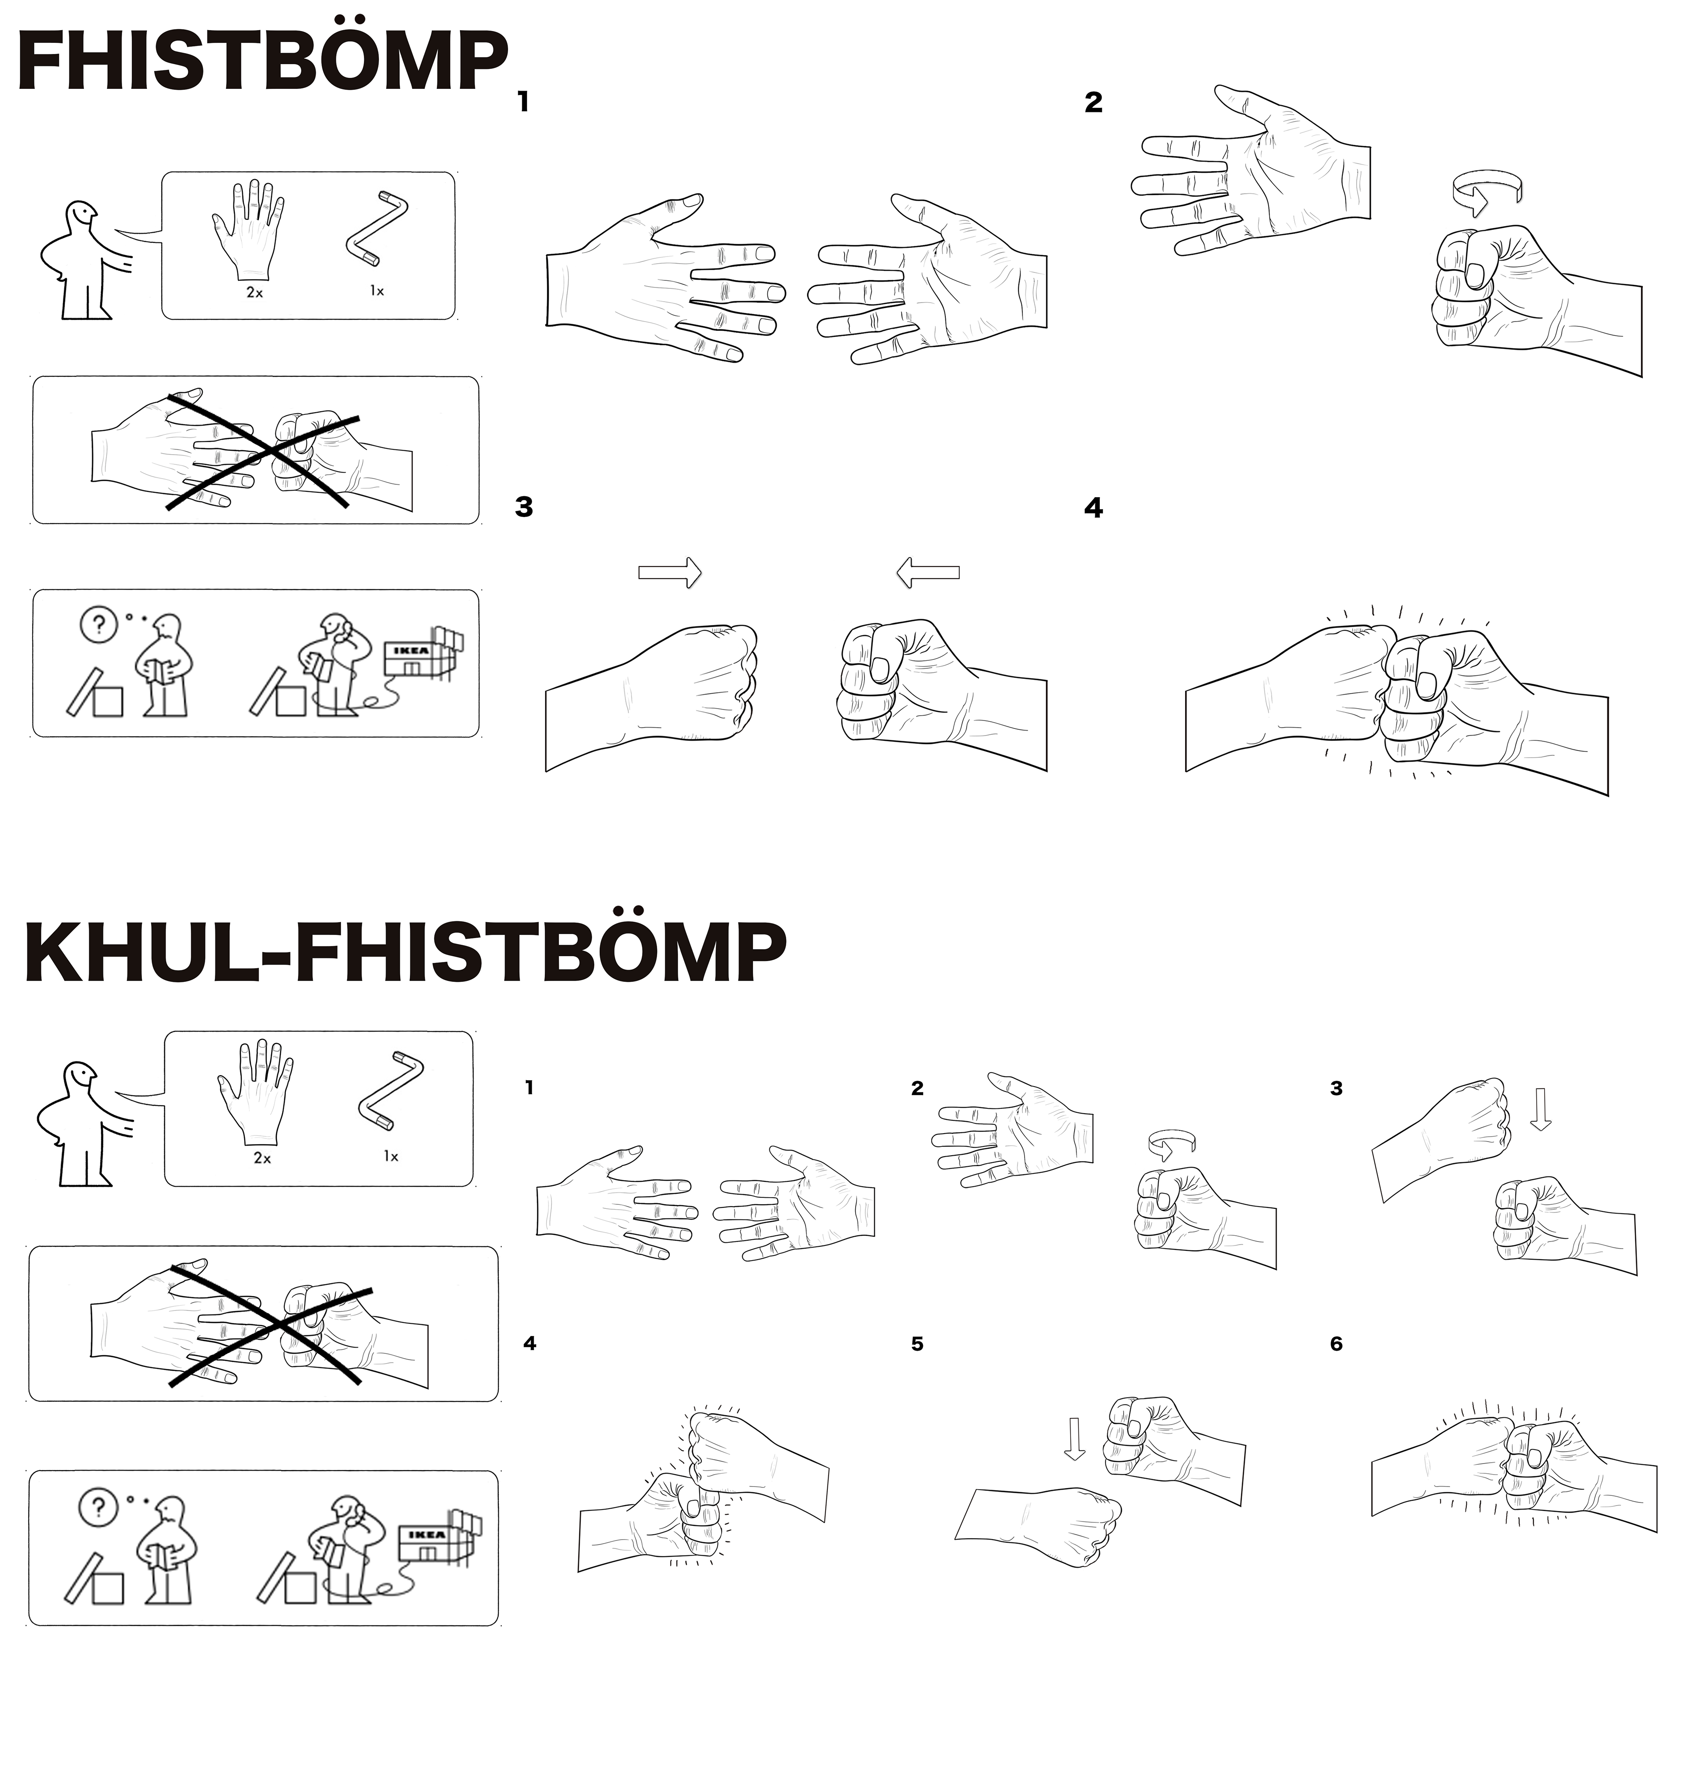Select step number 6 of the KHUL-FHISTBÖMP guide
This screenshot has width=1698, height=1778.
pos(1336,1344)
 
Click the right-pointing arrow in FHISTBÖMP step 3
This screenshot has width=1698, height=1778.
pos(670,572)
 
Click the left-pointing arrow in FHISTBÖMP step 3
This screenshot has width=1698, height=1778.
pos(928,572)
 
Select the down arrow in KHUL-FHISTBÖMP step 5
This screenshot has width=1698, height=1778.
pos(1075,1439)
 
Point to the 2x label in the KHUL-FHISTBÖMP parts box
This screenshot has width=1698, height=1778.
pos(263,1158)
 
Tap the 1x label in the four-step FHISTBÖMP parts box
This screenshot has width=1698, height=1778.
pos(377,291)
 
